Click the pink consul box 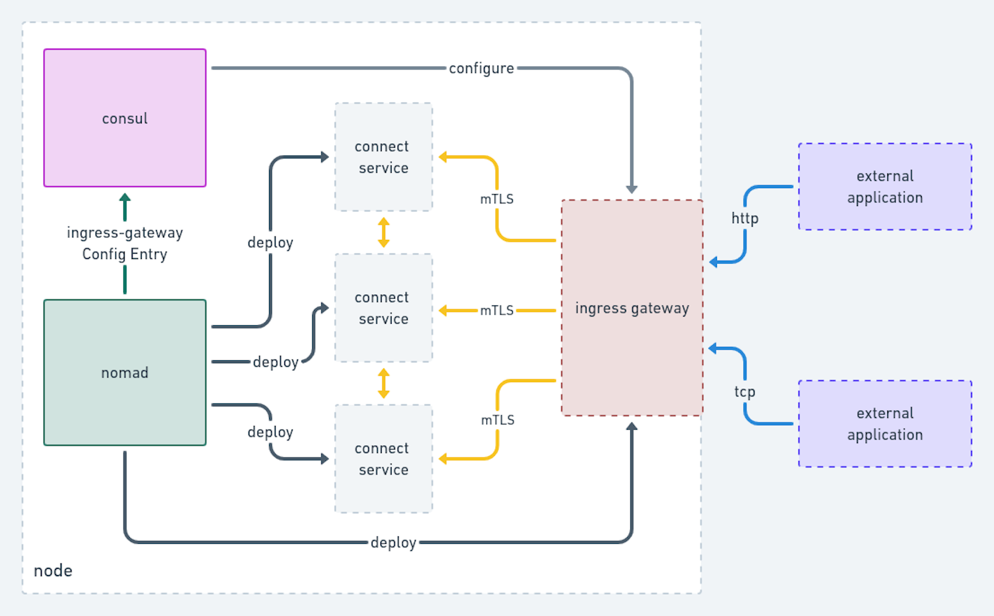tap(125, 118)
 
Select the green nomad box tap(125, 372)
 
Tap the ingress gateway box tap(632, 308)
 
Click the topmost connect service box tap(383, 157)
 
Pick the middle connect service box tap(383, 308)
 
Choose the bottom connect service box tap(383, 458)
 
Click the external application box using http tap(885, 187)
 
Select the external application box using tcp tap(885, 424)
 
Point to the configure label tap(481, 68)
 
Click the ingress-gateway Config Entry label tap(125, 243)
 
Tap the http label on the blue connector tap(745, 218)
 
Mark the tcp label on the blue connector tap(745, 391)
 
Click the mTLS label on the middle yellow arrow tap(497, 310)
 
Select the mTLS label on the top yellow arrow tap(497, 199)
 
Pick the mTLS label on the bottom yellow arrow tap(498, 420)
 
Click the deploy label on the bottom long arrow tap(393, 542)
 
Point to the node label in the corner tap(53, 570)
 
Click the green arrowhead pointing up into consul tap(125, 198)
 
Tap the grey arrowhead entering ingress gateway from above tap(632, 189)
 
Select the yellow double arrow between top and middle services tap(383, 232)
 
